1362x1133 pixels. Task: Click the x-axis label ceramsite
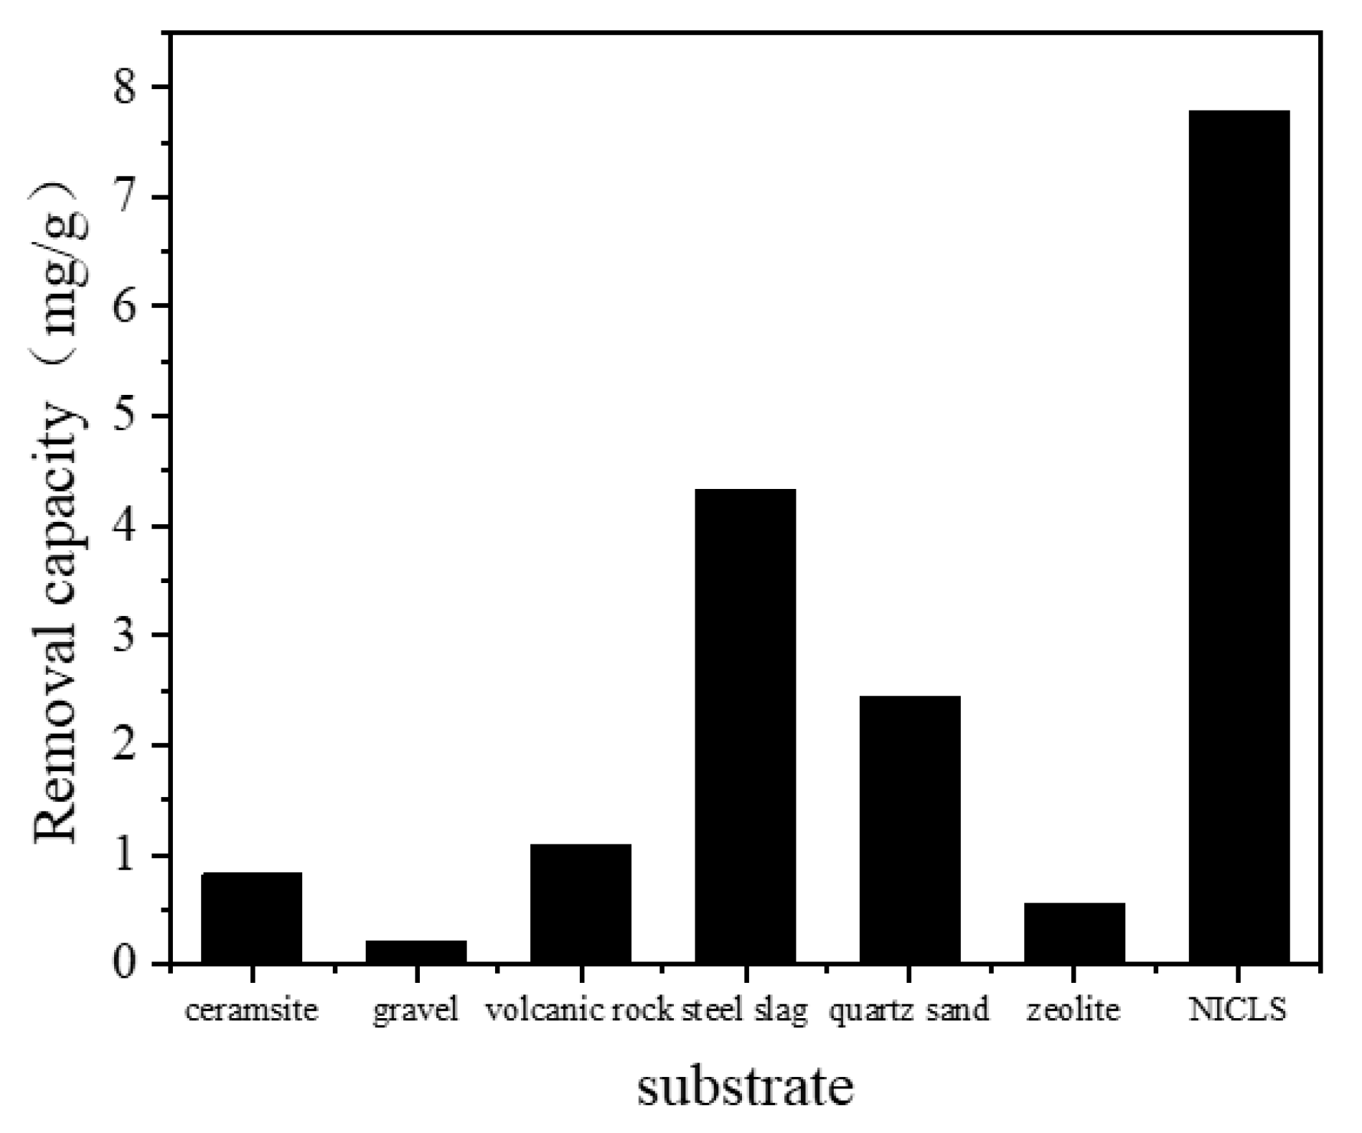point(251,1011)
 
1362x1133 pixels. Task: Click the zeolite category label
point(1074,1010)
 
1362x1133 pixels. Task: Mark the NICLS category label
point(1239,1010)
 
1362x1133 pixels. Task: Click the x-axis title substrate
point(745,1087)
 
